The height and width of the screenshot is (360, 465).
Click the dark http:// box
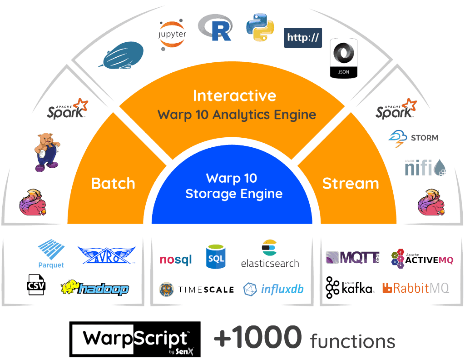pos(303,38)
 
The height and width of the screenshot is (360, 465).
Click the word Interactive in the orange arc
pos(234,96)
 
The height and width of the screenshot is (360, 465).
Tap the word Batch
pos(113,184)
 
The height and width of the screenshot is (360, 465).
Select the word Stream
pos(351,184)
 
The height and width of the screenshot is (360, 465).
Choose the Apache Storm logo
pos(413,137)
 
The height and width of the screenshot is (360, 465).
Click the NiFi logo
pos(425,167)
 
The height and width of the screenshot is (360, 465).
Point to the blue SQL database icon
pos(216,257)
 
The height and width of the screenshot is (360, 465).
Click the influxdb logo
pos(273,289)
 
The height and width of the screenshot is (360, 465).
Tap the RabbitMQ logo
pos(416,287)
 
